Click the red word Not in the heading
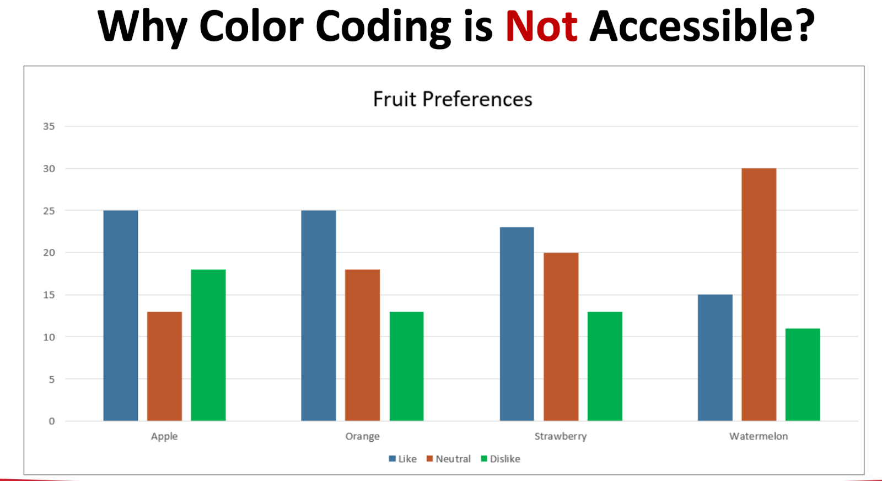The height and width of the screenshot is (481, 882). tap(541, 26)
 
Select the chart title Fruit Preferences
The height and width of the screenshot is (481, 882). tap(453, 99)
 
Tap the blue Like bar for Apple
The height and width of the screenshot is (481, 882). tap(121, 316)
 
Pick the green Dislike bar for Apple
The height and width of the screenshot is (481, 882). tap(208, 345)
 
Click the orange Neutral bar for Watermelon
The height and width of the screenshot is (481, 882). tap(759, 295)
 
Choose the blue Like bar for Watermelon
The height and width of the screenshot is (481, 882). tap(715, 357)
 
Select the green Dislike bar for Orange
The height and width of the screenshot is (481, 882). tap(406, 366)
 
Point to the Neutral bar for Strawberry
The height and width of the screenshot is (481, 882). tap(561, 336)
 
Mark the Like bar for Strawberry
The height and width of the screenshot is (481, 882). tap(517, 324)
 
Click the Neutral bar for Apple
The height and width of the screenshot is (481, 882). tap(164, 366)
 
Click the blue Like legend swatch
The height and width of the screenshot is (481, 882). tap(392, 458)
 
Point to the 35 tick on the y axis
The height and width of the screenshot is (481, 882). tap(49, 126)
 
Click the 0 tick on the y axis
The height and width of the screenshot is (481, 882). tap(52, 421)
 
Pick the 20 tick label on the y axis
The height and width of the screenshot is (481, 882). tap(49, 253)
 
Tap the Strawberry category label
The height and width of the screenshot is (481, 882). tap(561, 436)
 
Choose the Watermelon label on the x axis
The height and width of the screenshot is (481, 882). tap(759, 436)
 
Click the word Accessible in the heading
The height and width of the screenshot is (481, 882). tap(693, 26)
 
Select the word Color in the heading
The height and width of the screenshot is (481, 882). tap(251, 26)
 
